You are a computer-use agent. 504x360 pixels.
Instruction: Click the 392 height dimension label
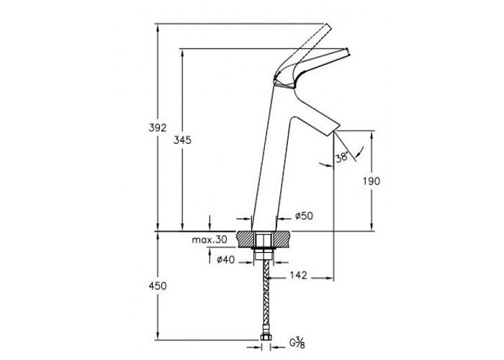pyautogui.click(x=158, y=128)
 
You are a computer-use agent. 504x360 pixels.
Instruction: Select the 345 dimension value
pyautogui.click(x=182, y=140)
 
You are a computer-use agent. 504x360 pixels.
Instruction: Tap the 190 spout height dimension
pyautogui.click(x=372, y=181)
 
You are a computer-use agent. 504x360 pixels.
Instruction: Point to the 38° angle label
pyautogui.click(x=342, y=157)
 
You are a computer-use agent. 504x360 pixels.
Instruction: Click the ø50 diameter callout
pyautogui.click(x=304, y=216)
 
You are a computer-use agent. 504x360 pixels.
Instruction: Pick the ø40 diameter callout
pyautogui.click(x=225, y=260)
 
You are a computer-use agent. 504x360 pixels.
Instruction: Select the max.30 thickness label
pyautogui.click(x=210, y=240)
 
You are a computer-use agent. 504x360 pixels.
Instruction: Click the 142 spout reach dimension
pyautogui.click(x=299, y=276)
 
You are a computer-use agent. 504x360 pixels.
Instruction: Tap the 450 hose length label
pyautogui.click(x=158, y=286)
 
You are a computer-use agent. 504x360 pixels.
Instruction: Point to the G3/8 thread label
pyautogui.click(x=297, y=343)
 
